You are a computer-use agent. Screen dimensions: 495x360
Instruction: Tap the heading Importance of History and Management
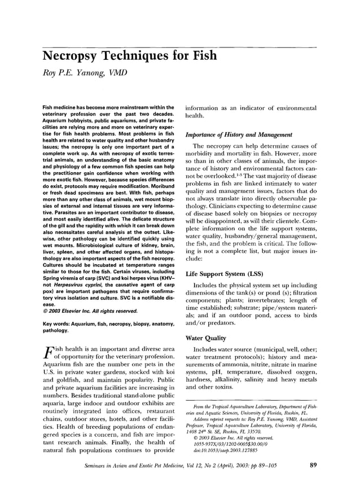[x=238, y=135]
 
